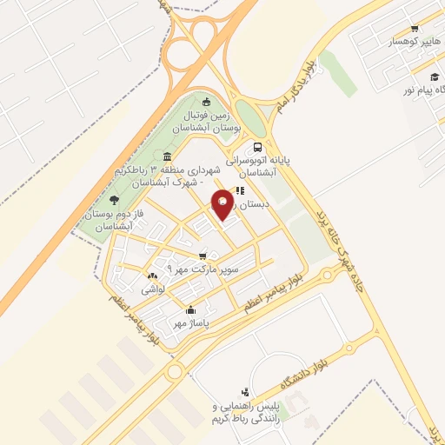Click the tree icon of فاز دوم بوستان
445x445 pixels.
(x=115, y=200)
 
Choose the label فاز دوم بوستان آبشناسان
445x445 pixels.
(x=110, y=220)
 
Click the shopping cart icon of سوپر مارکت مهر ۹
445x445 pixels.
(x=203, y=256)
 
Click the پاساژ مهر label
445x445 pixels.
(x=192, y=323)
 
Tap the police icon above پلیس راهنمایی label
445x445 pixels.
(x=246, y=393)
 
